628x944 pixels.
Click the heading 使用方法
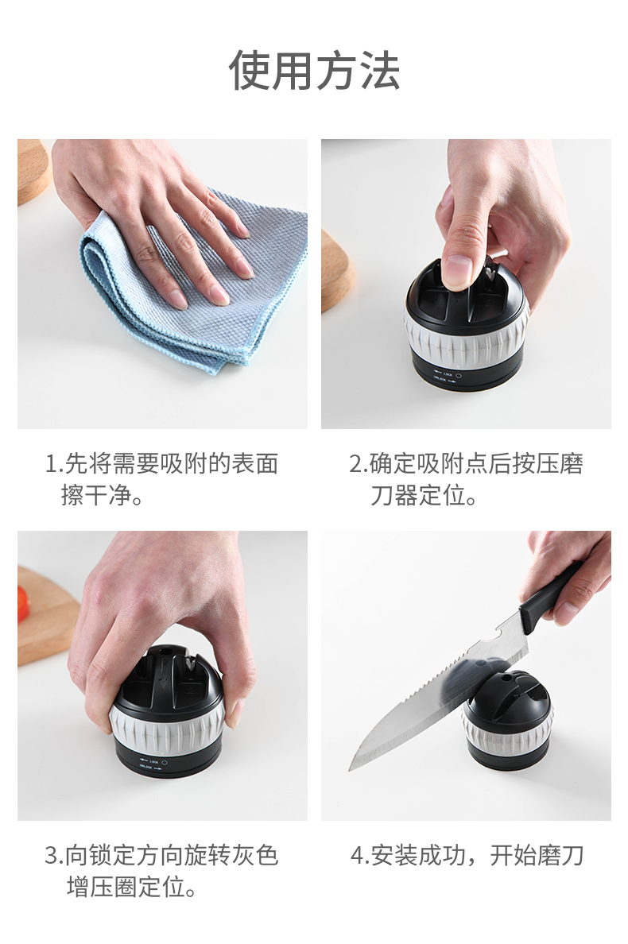[314, 71]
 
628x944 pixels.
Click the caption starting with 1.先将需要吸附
[161, 480]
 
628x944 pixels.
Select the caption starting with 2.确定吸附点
[465, 480]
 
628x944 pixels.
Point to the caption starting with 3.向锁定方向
[161, 871]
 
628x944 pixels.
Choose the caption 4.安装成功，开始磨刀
[467, 856]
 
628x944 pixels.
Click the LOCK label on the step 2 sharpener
[448, 374]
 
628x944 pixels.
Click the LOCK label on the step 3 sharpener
[153, 761]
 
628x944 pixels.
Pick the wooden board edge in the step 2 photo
[336, 272]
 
